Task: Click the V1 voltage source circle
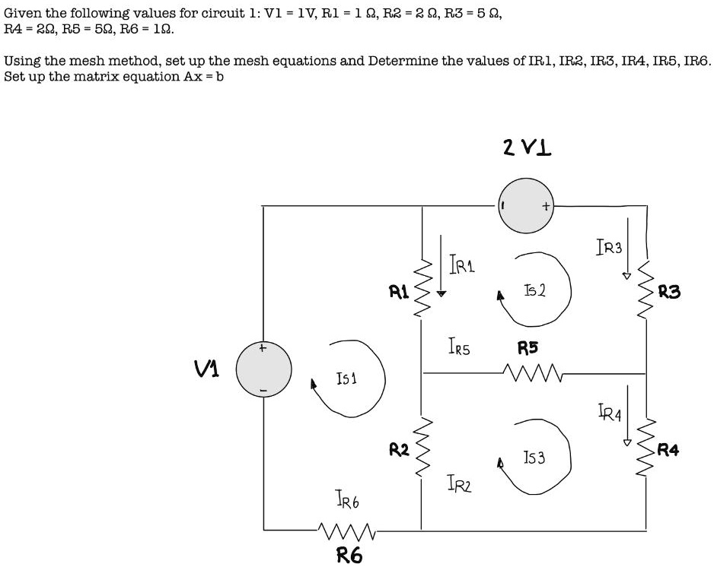pos(263,370)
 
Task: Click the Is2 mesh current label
pos(535,291)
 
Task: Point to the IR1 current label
pos(463,265)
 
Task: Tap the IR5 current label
pos(458,349)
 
